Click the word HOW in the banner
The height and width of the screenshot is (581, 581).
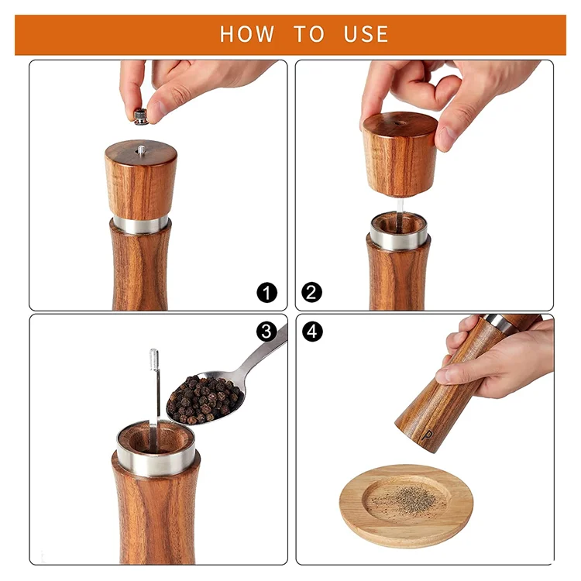point(247,34)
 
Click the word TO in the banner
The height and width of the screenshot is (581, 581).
point(309,34)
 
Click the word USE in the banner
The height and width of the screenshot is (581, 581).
point(366,34)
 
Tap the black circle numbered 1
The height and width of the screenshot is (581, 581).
point(266,293)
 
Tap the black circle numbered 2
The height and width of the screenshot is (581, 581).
point(311,293)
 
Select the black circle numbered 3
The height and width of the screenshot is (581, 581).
point(266,332)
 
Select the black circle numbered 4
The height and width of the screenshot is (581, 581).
point(312,332)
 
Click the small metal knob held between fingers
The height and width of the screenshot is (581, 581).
point(141,116)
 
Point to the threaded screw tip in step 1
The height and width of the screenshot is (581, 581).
point(141,150)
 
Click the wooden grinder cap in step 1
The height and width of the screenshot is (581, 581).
point(141,180)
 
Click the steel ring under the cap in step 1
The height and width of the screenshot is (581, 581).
point(141,225)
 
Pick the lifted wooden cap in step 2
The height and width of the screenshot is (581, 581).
point(400,154)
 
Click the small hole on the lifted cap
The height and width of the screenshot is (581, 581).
point(397,123)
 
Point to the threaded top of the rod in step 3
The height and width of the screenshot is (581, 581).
point(154,359)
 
